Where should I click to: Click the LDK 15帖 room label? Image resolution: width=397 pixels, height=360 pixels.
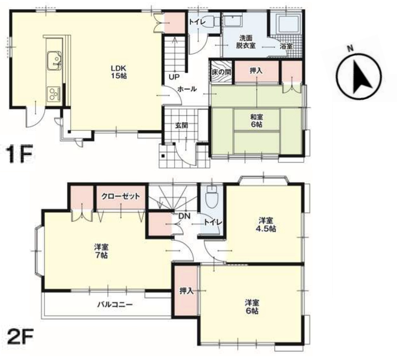[x=119, y=72]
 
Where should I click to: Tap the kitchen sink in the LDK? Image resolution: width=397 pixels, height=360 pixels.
[x=54, y=61]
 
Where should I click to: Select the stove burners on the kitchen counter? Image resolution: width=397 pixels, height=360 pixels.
[x=54, y=93]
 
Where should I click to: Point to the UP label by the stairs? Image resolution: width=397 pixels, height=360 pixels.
[x=174, y=77]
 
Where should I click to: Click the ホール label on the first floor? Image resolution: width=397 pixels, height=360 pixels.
[x=187, y=89]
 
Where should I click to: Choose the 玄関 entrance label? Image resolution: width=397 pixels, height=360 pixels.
[x=182, y=125]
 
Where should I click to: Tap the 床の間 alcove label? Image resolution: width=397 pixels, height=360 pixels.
[x=221, y=72]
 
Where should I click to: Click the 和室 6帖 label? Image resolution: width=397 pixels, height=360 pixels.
[x=256, y=121]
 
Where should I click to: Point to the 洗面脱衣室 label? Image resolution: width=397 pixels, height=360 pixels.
[x=246, y=42]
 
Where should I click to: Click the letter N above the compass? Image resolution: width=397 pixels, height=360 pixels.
[x=350, y=48]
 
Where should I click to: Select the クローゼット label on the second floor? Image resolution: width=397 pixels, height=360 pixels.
[x=121, y=196]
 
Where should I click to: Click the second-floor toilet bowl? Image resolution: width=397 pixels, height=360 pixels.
[x=212, y=197]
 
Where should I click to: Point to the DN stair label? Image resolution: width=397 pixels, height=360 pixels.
[x=184, y=216]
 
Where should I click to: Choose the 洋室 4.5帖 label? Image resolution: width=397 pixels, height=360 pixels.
[x=265, y=224]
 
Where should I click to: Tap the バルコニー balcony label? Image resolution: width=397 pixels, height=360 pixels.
[x=115, y=304]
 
